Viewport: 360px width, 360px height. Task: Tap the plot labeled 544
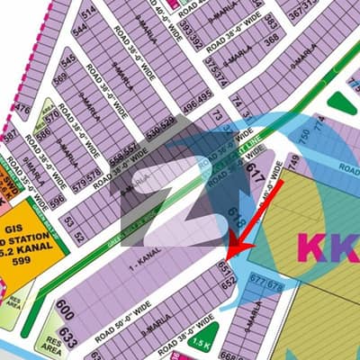pos(80,29)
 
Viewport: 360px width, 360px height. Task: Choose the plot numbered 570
pos(52,115)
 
